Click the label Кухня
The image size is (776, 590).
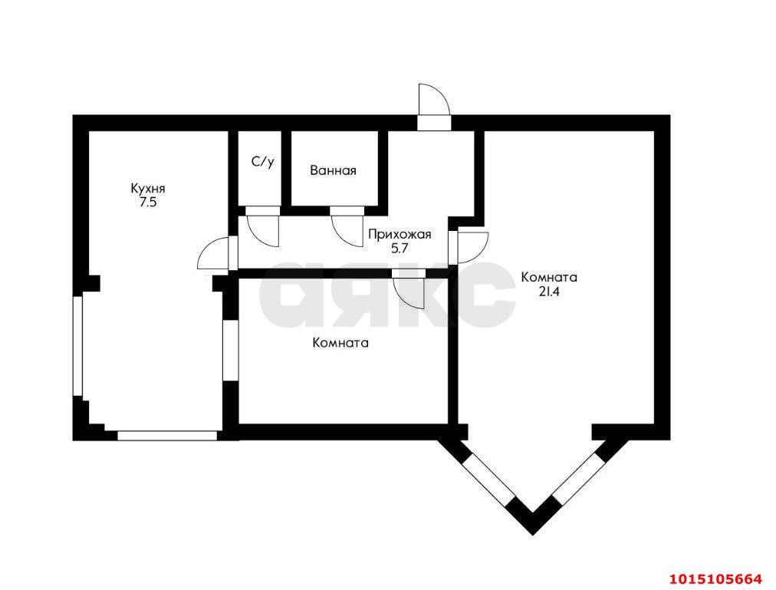pos(147,189)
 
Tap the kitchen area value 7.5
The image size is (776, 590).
pos(147,202)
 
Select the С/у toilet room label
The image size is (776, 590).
pos(262,161)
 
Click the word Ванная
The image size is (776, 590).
pos(333,171)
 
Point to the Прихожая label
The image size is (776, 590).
pos(400,235)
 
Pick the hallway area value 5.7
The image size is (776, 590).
pos(400,249)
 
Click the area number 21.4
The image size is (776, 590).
pos(549,292)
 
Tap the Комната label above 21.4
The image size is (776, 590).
pos(549,278)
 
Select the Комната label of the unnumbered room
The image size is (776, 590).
pos(341,343)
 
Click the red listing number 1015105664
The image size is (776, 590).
pos(715,578)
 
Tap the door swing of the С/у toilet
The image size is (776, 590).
pos(263,231)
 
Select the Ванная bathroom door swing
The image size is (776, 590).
pos(348,231)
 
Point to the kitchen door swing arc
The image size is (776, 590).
pos(213,252)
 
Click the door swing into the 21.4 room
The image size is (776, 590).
pos(473,247)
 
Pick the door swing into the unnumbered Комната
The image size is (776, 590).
pos(409,293)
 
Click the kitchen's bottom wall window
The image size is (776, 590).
pos(167,436)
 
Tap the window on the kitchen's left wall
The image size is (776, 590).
pos(77,346)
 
